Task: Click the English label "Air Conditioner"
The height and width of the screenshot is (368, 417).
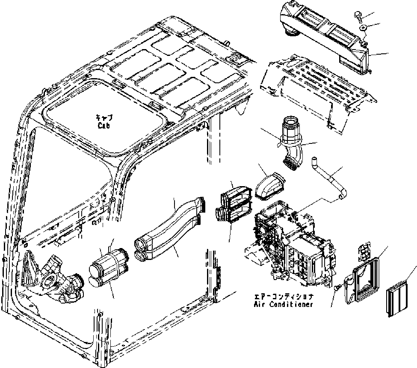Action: click(x=283, y=304)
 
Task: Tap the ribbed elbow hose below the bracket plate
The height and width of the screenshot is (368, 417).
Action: click(x=292, y=143)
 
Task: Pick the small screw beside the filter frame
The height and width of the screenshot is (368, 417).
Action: click(x=337, y=288)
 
